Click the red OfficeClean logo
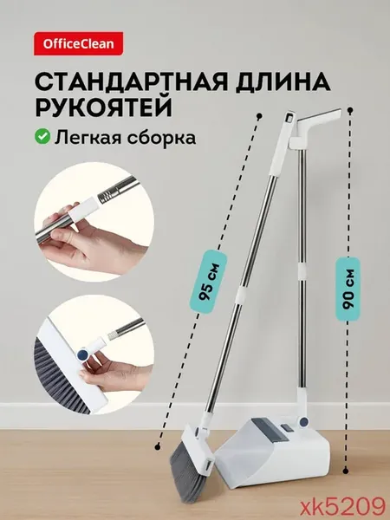(x=78, y=43)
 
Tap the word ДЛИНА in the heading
(x=283, y=82)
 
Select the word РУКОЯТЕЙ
(x=103, y=107)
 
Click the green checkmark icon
(x=42, y=136)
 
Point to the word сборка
(x=161, y=137)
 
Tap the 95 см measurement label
(x=209, y=282)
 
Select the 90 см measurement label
(x=348, y=289)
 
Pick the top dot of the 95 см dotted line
(x=260, y=116)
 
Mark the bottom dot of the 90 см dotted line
(x=346, y=471)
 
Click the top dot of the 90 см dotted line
(x=350, y=110)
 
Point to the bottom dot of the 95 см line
(x=158, y=445)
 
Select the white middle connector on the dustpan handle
(x=302, y=271)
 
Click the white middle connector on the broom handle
(x=243, y=296)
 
